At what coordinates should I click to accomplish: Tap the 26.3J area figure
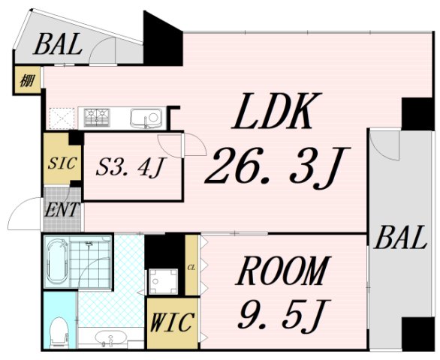pos(277,166)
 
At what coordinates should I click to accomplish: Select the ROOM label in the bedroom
pos(283,270)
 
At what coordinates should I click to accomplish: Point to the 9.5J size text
pos(283,314)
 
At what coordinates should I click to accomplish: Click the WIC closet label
pos(172,322)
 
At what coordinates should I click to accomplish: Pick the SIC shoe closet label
pos(62,163)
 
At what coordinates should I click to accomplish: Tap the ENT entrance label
pos(62,209)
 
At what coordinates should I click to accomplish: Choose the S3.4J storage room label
pos(130,167)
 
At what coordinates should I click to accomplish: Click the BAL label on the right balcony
pos(400,238)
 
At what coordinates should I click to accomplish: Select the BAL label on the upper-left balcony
pos(58,44)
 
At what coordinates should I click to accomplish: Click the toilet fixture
pos(59,332)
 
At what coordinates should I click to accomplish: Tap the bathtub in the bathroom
pos(57,262)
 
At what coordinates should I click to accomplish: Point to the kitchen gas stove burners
pos(97,118)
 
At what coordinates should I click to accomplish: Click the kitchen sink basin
pos(146,118)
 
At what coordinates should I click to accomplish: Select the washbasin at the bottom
pos(110,337)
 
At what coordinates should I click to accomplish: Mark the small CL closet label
pos(191,268)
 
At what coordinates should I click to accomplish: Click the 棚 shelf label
pos(27,81)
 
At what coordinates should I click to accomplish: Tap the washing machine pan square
pos(163,281)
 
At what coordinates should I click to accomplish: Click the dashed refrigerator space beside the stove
pos(62,119)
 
